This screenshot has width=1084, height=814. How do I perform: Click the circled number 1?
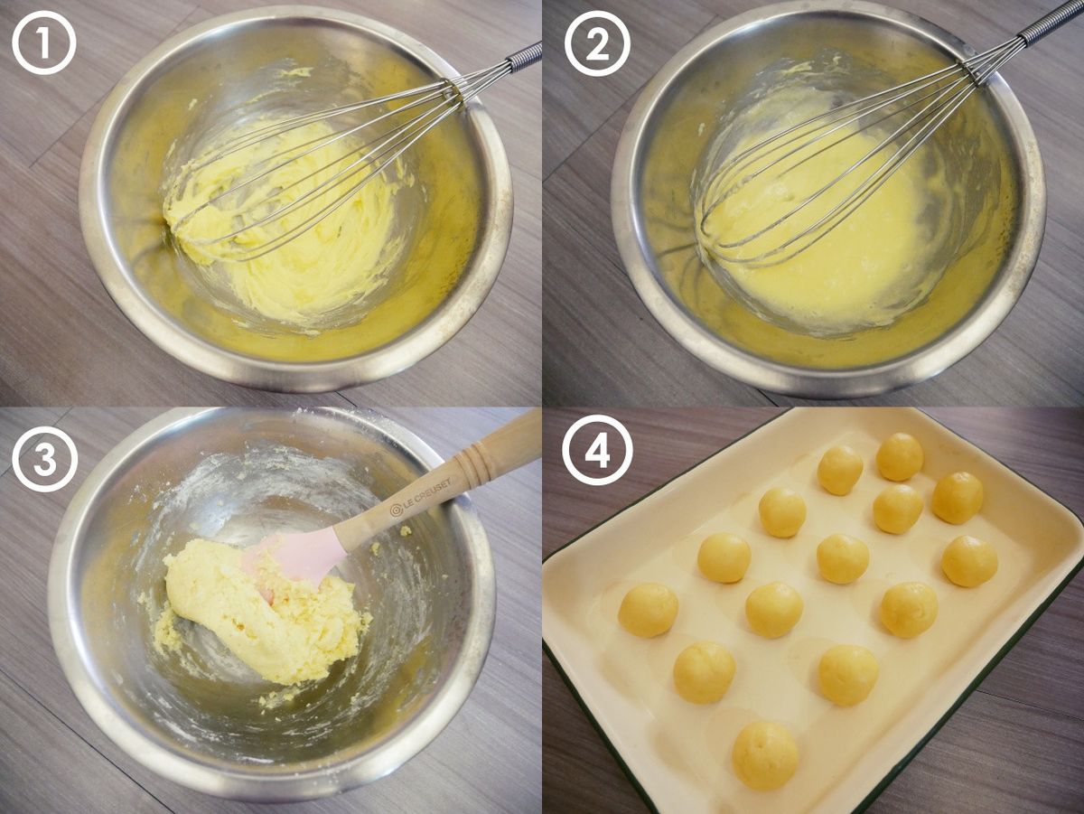tap(44, 43)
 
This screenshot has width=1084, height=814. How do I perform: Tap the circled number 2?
tap(598, 43)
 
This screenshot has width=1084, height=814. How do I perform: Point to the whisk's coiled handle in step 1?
tap(524, 57)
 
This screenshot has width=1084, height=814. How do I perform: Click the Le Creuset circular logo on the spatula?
tap(396, 510)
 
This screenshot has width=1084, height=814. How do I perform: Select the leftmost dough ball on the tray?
tap(648, 610)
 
